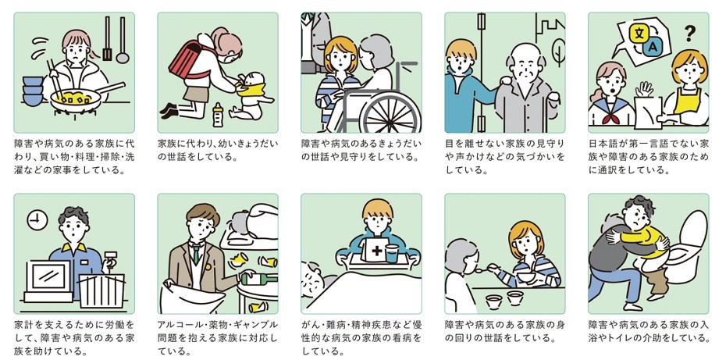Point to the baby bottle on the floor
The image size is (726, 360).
tap(218, 114)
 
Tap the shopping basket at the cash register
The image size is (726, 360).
tap(101, 288)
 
